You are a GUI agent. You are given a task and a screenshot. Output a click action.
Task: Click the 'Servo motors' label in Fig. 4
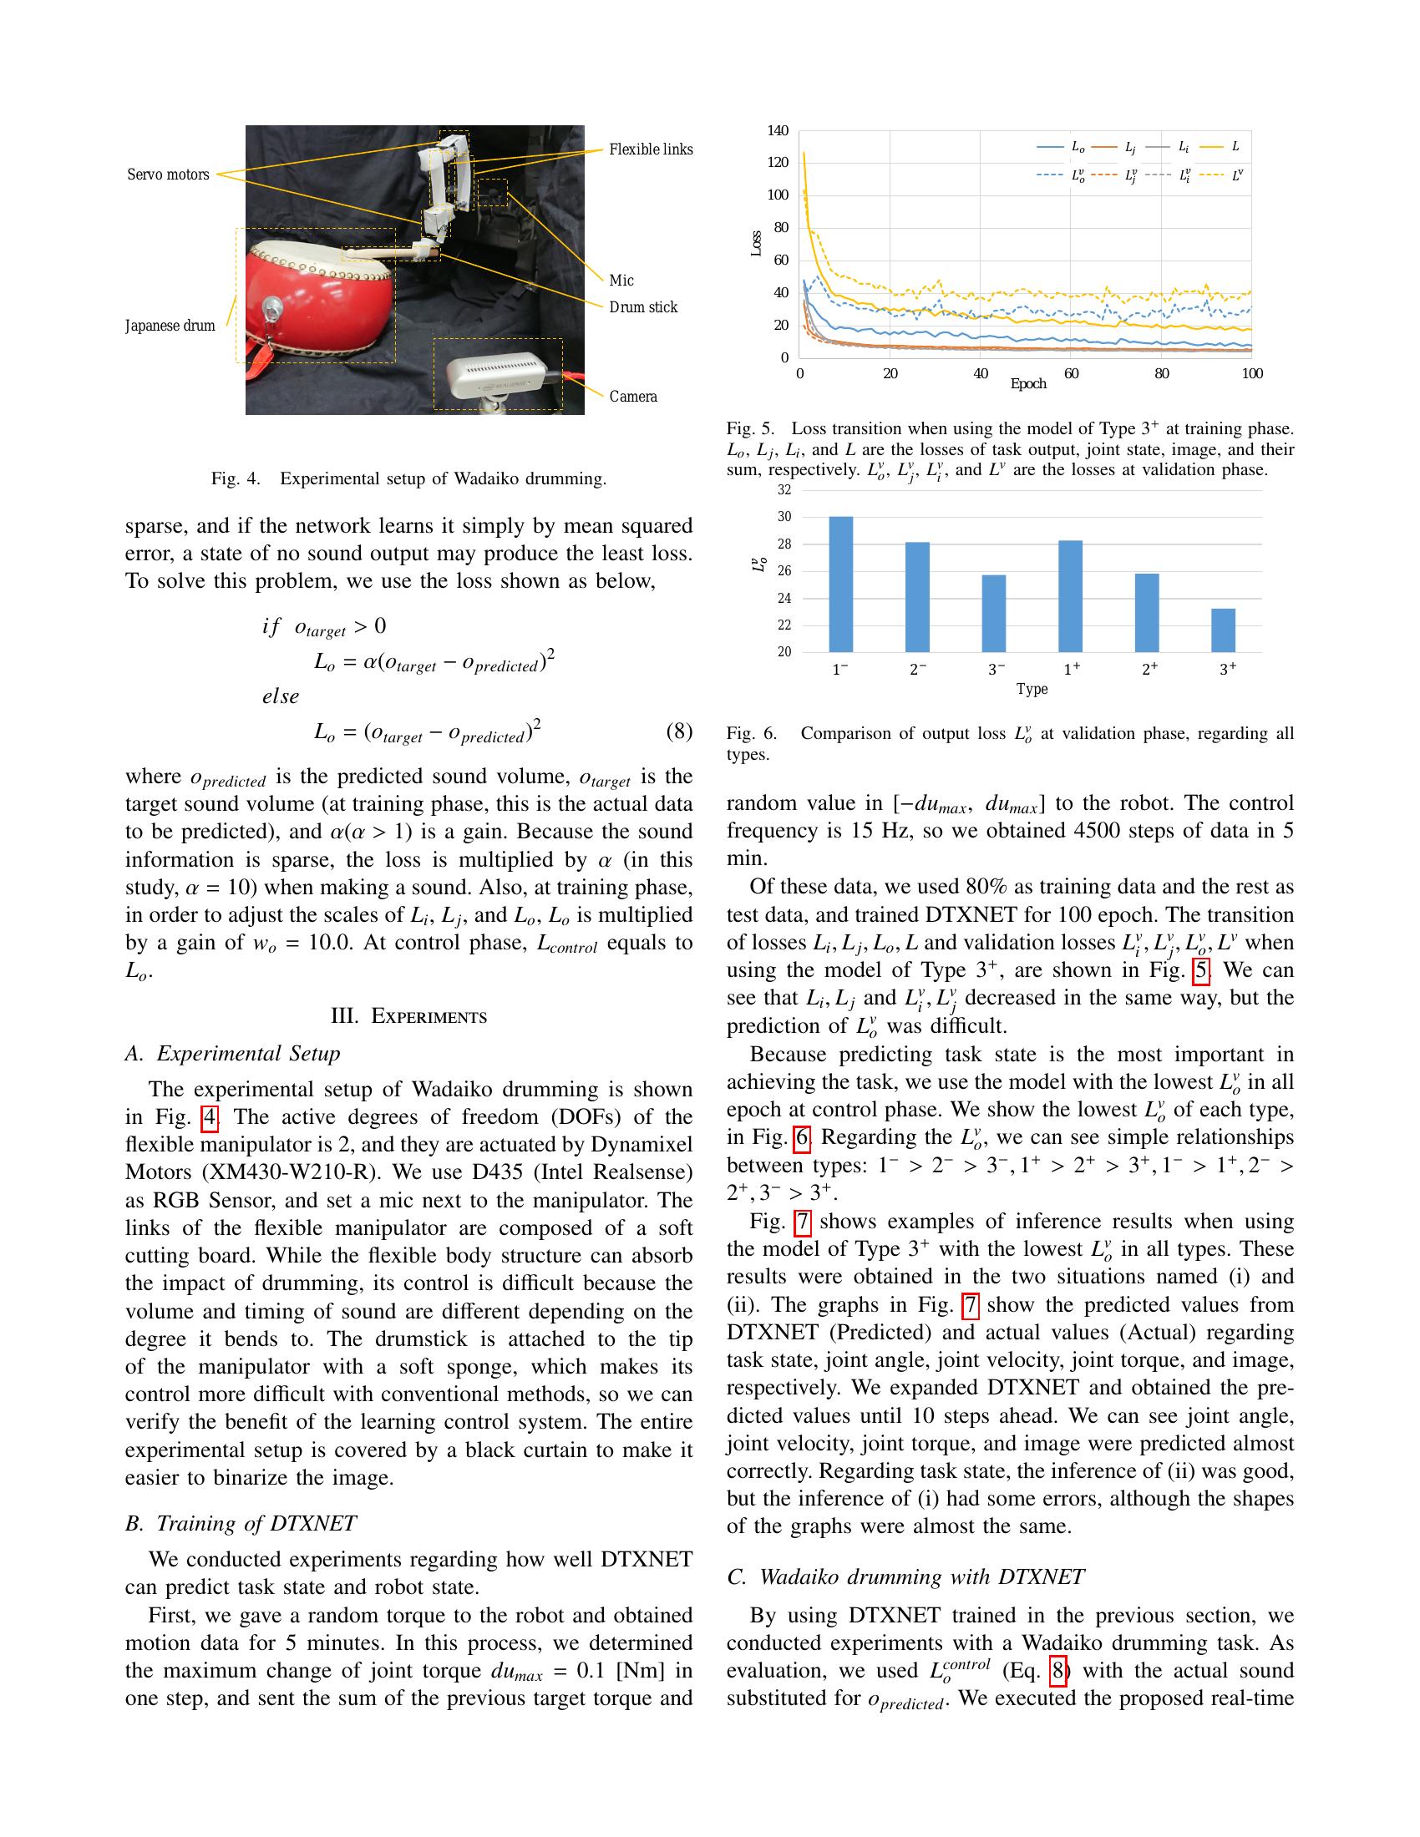pos(168,175)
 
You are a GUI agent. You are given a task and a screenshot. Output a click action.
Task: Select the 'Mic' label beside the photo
pos(621,280)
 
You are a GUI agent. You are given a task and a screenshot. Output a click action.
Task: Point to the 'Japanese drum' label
pos(170,326)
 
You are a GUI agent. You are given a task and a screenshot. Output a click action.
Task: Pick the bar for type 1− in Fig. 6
pos(840,584)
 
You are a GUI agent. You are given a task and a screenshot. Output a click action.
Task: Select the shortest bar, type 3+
pos(1223,630)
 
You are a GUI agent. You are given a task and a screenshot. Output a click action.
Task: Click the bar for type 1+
pos(1070,596)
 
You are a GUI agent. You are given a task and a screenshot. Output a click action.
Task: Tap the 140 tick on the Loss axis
pos(778,130)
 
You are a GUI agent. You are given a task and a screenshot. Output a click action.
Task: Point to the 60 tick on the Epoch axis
pos(1071,373)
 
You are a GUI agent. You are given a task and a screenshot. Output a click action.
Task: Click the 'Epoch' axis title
pos(1028,383)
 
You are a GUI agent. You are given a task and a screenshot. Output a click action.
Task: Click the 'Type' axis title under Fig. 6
pos(1032,689)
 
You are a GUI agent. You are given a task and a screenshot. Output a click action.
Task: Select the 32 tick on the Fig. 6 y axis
pos(784,489)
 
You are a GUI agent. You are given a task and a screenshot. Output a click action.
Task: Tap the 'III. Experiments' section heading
pos(408,1016)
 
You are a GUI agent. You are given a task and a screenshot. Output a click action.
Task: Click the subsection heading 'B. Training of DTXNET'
pos(241,1523)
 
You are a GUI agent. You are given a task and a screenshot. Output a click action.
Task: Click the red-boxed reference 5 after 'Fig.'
pos(1201,969)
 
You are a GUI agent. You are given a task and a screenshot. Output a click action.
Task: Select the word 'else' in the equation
pos(281,696)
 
